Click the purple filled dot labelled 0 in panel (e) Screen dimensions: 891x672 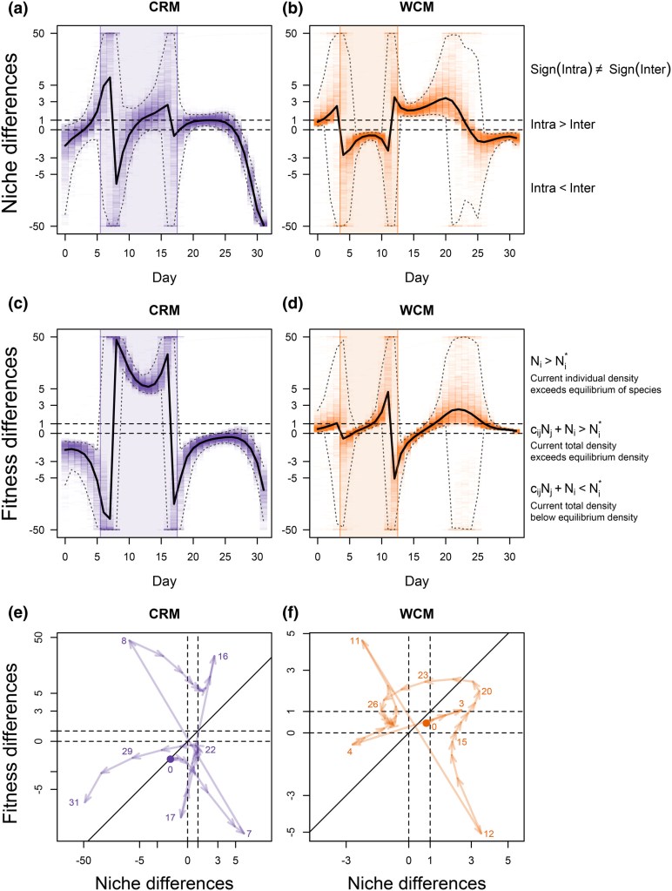coord(171,759)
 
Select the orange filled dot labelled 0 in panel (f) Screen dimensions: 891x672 coord(426,722)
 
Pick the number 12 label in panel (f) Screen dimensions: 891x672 coord(487,834)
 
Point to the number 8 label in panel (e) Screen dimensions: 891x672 coord(124,641)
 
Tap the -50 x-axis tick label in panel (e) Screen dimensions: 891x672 coord(84,860)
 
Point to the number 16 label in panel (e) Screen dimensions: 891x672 coord(222,656)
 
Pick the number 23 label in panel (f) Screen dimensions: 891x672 coord(422,675)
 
